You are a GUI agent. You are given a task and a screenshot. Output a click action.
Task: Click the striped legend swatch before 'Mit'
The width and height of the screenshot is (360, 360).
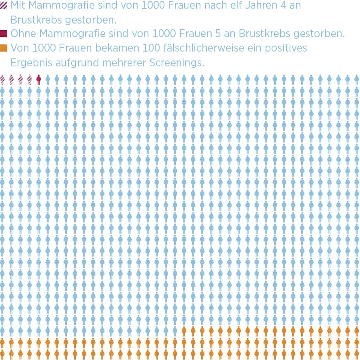[4, 5]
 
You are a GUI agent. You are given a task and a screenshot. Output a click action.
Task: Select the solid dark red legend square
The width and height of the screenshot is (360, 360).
[4, 33]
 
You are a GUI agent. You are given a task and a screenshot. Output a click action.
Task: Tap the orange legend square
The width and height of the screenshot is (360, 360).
[4, 48]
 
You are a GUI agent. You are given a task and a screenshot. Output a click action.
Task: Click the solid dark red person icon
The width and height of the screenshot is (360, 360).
[38, 80]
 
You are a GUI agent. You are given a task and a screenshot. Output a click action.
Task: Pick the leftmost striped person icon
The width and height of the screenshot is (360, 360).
[2, 80]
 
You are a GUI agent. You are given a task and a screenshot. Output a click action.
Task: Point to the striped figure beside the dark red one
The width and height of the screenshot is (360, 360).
[29, 80]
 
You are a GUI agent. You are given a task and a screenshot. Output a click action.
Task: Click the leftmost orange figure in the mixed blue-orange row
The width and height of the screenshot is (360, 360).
[184, 331]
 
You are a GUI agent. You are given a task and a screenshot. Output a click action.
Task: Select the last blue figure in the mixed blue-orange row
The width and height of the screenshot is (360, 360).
[175, 331]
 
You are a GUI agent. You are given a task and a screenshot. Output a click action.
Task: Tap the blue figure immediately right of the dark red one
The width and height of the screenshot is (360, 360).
[48, 80]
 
